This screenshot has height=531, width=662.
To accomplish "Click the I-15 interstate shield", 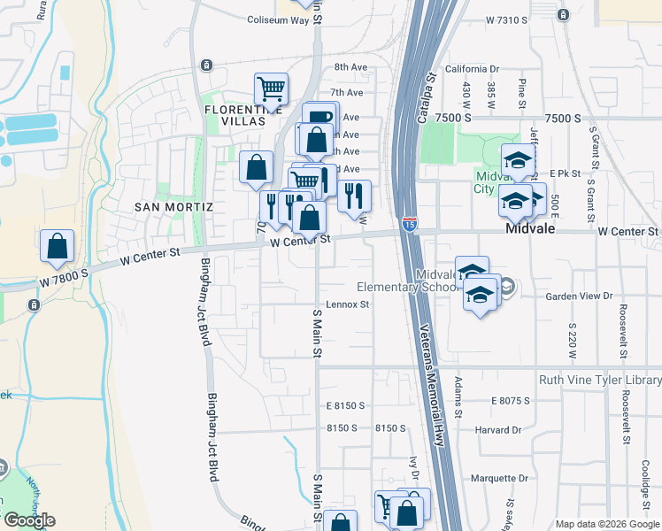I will pos(409,224).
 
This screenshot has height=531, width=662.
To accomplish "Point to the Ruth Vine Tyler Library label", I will pos(600,381).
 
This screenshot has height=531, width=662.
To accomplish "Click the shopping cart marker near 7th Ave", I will pos(271,88).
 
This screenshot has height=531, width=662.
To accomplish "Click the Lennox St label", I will pos(346,304).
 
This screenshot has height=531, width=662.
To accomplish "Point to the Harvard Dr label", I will pos(497,430).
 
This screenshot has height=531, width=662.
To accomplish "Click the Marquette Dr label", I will pos(498,478).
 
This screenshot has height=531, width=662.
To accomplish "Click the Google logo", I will pos(28,520).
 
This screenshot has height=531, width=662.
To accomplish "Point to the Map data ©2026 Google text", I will pos(607,524).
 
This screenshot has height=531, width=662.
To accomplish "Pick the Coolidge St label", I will pos(649,487).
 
